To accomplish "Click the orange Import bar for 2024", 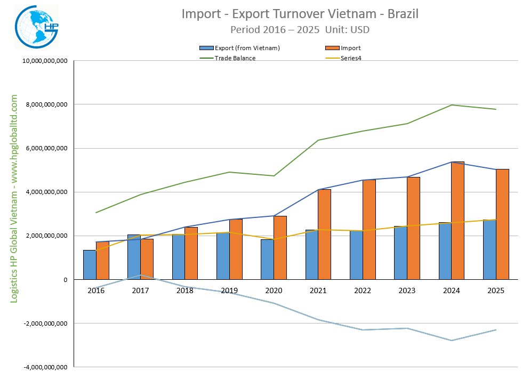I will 457,221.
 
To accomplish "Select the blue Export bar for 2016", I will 90,265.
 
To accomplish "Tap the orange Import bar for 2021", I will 324,235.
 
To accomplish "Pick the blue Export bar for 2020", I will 267,260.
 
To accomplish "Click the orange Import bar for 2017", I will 147,259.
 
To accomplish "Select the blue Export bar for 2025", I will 489,249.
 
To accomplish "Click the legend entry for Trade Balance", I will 235,58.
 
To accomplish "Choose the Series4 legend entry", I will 351,58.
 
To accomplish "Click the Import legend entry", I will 350,48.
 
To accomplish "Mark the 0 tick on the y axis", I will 65,280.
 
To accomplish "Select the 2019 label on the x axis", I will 229,290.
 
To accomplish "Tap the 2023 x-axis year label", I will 407,290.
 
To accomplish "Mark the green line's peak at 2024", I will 451,105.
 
